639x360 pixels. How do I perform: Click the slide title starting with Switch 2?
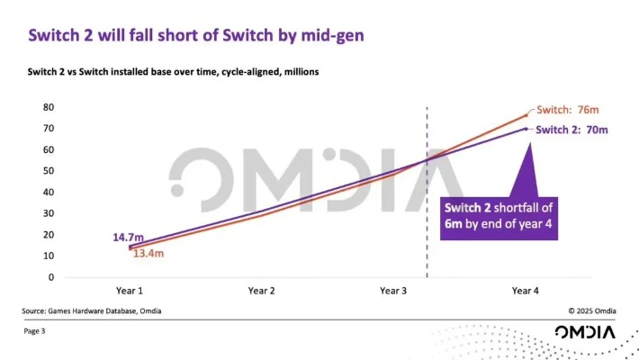pyautogui.click(x=196, y=35)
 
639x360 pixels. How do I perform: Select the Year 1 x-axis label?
pyautogui.click(x=130, y=291)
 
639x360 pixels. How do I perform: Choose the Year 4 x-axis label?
pyautogui.click(x=524, y=291)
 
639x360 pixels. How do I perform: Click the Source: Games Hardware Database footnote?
pyautogui.click(x=93, y=310)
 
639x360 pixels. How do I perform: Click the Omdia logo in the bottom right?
pyautogui.click(x=585, y=332)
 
